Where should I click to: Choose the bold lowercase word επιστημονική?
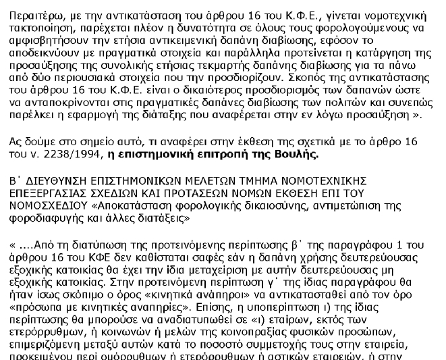click(x=145, y=155)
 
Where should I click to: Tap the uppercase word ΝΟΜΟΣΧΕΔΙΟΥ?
click(x=38, y=206)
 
